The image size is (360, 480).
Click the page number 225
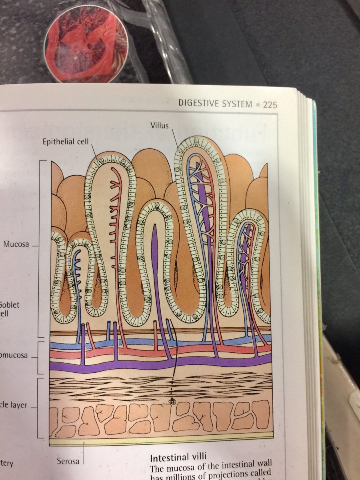pos(270,105)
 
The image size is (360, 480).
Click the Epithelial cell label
pos(67,142)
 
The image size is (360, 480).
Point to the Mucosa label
pos(16,244)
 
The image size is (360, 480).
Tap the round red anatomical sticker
pos(86,44)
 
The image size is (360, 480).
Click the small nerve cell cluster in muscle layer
pos(172,401)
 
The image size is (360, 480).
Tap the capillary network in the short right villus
pos(245,248)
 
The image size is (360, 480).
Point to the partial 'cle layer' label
pos(14,405)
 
